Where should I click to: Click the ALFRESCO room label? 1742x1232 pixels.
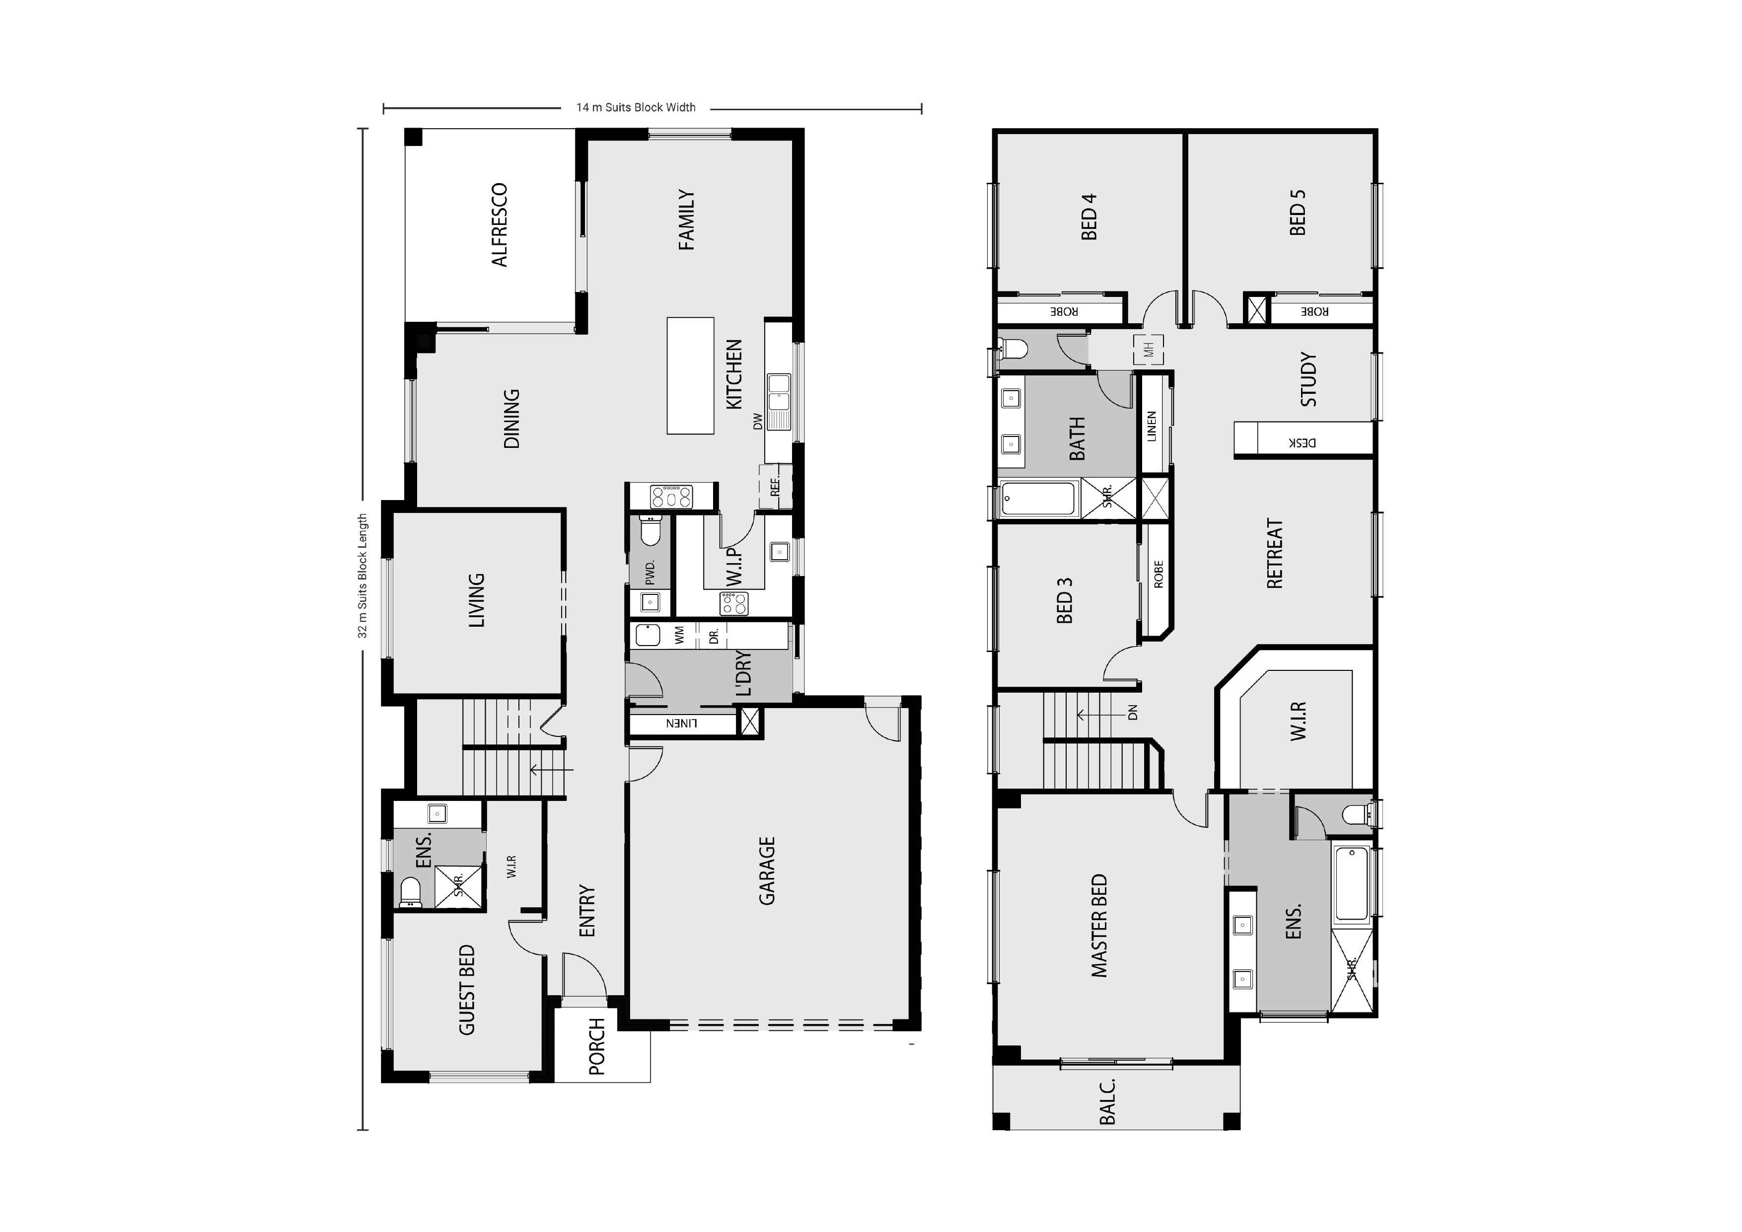tap(499, 225)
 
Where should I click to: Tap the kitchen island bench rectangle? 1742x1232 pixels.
tap(690, 375)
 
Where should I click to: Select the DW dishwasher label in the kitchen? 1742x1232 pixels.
tap(757, 422)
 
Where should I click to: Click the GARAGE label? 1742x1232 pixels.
tap(767, 871)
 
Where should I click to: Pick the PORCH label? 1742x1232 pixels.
tap(597, 1047)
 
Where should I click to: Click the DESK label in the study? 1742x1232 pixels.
tap(1302, 442)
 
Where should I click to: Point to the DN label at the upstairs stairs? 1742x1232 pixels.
tap(1132, 713)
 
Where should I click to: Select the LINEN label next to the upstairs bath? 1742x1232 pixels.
tap(1152, 427)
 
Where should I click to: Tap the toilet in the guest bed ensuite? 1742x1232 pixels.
tap(411, 893)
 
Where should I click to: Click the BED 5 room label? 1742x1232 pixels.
tap(1298, 213)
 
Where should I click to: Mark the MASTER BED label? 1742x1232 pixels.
tap(1098, 926)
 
